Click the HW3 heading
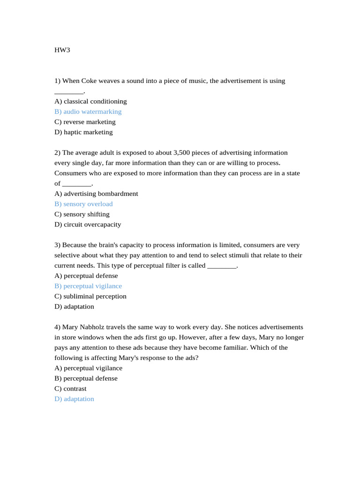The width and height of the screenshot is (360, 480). [62, 50]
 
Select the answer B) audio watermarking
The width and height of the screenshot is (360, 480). [88, 112]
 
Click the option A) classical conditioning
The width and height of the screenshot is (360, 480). [90, 101]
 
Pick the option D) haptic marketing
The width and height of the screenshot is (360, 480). [83, 132]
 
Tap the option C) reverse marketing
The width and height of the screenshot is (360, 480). [85, 122]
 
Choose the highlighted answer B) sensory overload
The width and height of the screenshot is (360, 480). [83, 204]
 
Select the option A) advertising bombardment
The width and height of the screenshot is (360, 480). [96, 194]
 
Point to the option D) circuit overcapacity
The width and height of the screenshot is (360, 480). [88, 225]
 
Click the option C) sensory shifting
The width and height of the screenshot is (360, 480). [82, 214]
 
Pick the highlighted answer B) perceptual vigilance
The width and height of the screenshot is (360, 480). [88, 286]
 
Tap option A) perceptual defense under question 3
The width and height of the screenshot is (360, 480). [86, 276]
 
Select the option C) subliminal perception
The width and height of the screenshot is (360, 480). [90, 296]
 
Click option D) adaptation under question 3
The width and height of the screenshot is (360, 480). [74, 307]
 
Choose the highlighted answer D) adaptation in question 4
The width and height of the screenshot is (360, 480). [74, 399]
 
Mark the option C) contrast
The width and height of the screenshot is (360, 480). [70, 389]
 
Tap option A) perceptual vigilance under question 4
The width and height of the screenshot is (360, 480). [88, 368]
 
